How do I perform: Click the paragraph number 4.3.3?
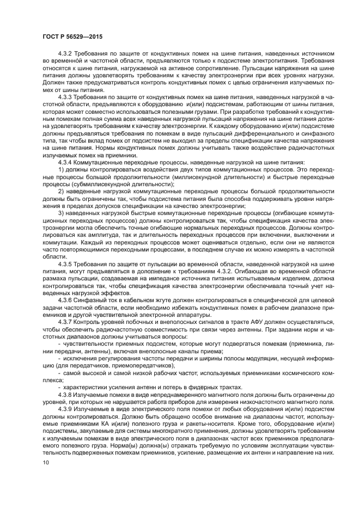(x=65, y=95)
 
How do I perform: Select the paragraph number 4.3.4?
(x=65, y=161)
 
